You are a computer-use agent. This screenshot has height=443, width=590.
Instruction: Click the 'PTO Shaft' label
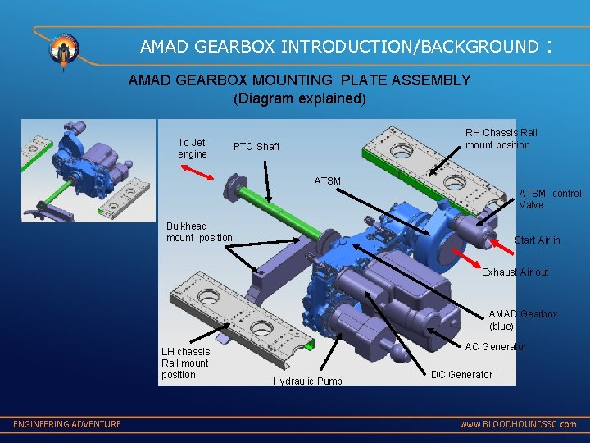pos(256,147)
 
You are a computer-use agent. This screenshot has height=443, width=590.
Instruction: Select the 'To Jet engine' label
pos(193,148)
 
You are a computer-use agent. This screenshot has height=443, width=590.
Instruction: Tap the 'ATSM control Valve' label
pos(550,199)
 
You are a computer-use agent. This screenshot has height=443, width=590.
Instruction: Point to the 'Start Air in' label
pos(537,240)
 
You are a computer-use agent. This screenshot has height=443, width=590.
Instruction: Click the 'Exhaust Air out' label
pos(515,272)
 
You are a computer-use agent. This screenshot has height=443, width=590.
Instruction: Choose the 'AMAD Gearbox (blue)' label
pos(523,320)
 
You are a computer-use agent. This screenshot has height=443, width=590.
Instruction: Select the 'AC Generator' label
pos(496,347)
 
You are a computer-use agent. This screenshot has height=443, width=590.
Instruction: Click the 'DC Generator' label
pos(461,375)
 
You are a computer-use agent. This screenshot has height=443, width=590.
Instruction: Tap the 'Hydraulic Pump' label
pos(307,381)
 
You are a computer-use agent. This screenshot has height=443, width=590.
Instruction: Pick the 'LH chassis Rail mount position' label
pos(185,363)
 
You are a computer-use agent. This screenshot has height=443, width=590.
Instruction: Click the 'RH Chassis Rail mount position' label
pos(501,139)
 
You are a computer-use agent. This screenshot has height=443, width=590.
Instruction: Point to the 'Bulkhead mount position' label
pos(199,232)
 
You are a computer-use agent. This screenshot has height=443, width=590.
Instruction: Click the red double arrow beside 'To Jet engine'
pos(197,171)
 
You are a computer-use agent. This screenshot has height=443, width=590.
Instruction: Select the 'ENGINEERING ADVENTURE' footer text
pos(67,424)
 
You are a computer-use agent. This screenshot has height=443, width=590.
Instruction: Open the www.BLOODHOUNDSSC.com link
pos(517,425)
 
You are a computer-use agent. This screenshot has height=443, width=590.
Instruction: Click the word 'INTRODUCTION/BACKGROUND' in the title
pos(409,46)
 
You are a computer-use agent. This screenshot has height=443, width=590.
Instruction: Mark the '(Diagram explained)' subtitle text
pos(299,98)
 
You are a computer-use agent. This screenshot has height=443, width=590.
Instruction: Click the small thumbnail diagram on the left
pos(88,170)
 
